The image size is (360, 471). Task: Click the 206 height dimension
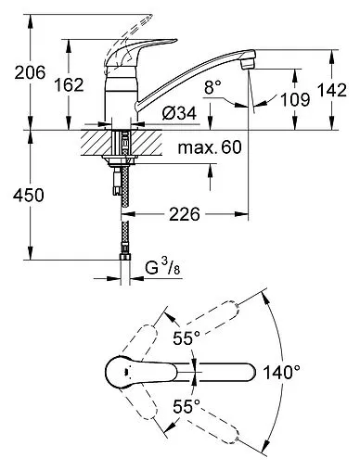(x=30, y=72)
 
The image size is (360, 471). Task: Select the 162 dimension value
(x=69, y=84)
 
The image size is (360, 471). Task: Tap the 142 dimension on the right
(x=332, y=90)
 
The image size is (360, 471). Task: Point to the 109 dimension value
(x=295, y=99)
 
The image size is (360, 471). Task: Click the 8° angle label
(x=212, y=87)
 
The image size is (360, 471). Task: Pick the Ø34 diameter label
(x=179, y=113)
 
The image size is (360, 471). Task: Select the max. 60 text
(x=210, y=147)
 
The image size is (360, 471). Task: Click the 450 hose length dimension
(x=29, y=196)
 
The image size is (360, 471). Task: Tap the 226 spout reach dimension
(x=185, y=214)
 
